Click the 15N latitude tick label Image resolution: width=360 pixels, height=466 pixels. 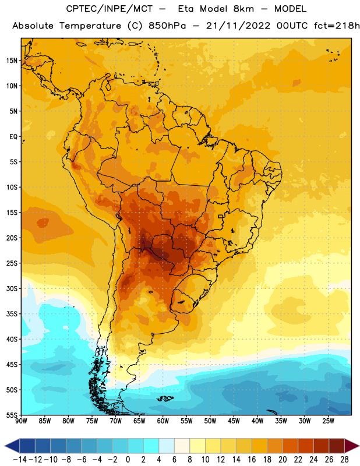point(12,61)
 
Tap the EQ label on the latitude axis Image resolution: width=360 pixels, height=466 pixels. point(13,137)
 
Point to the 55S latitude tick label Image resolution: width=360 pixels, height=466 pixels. point(12,415)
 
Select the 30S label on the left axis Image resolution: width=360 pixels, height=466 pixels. point(12,288)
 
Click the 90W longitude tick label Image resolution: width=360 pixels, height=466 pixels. point(21,421)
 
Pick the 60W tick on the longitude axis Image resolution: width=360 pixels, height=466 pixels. point(163,421)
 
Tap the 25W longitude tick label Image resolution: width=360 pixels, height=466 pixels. point(329,421)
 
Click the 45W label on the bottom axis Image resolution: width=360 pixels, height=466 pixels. point(234,421)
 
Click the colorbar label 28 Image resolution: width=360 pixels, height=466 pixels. point(344,460)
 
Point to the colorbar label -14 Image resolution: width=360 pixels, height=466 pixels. point(20,460)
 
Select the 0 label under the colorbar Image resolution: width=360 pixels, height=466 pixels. point(128,460)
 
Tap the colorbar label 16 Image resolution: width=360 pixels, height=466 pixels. point(252,460)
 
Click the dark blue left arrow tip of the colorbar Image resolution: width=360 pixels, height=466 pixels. point(5,446)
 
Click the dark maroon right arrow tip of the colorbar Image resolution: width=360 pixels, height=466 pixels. point(359,446)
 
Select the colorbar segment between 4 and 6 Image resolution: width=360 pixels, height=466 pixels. point(167,446)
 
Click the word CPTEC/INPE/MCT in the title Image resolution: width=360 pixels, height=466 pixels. point(110,9)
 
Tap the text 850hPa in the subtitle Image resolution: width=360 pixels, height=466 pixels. point(167,26)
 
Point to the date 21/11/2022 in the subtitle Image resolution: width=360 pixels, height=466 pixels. point(238,26)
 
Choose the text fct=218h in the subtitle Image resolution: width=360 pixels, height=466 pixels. point(337,26)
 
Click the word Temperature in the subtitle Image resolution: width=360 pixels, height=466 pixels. point(90,26)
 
